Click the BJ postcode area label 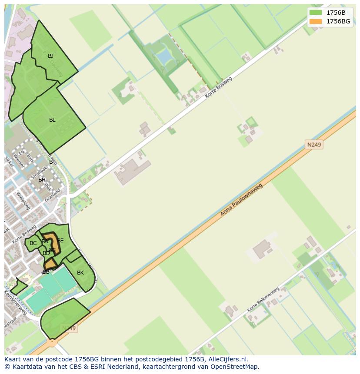point(51,56)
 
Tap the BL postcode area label point(52,120)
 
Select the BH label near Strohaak point(42,180)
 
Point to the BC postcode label point(33,243)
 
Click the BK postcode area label point(80,273)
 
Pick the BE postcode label point(60,241)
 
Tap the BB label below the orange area point(46,272)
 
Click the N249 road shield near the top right point(314,145)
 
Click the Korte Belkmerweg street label point(263,300)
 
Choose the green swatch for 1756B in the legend point(316,13)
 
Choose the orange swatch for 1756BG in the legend point(316,21)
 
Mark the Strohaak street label point(38,172)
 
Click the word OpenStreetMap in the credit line point(237,367)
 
